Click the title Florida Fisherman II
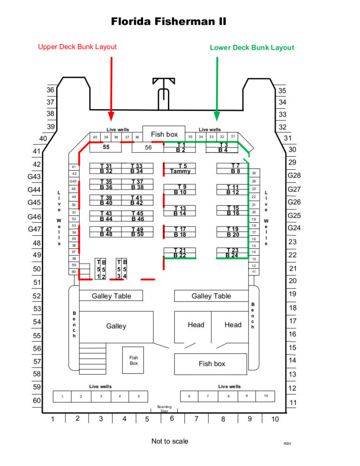click(x=168, y=22)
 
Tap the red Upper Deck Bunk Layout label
click(x=77, y=46)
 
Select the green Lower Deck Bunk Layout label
click(x=252, y=47)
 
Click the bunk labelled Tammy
click(x=180, y=169)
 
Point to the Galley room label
click(x=116, y=326)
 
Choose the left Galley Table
click(x=111, y=296)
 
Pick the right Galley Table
click(x=211, y=296)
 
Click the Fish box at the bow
click(x=164, y=135)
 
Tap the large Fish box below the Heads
click(x=212, y=363)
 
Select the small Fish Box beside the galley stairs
click(x=134, y=360)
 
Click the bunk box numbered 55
click(x=106, y=147)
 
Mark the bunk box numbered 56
click(x=148, y=147)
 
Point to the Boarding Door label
click(x=164, y=409)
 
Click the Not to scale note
click(x=170, y=441)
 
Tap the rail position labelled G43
click(x=35, y=177)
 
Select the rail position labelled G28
click(x=294, y=175)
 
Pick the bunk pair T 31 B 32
click(x=106, y=169)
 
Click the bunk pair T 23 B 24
click(x=232, y=253)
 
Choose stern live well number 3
click(x=101, y=396)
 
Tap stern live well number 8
click(x=228, y=396)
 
